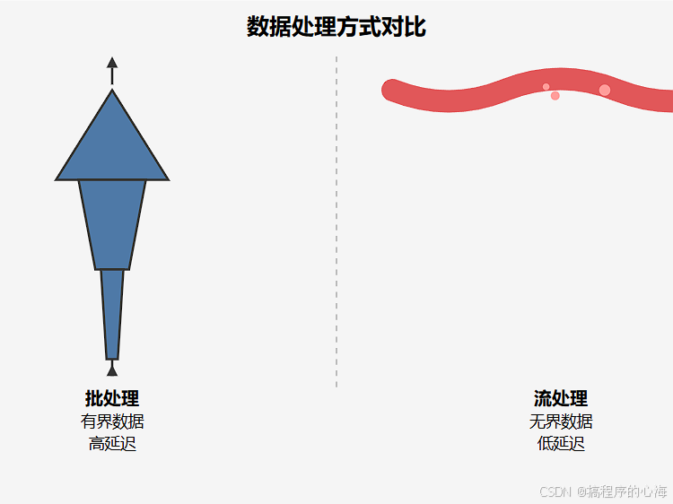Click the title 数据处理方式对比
(x=336, y=27)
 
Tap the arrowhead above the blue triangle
(x=112, y=63)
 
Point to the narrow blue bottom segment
(x=112, y=314)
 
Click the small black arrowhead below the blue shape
(x=112, y=369)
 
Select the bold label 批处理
(x=112, y=398)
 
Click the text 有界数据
(x=112, y=421)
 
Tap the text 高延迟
(x=112, y=443)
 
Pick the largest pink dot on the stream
(x=605, y=90)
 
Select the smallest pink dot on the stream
(x=546, y=87)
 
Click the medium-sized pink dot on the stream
(x=555, y=96)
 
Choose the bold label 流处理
(x=561, y=398)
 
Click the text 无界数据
(x=561, y=421)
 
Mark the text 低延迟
(x=561, y=443)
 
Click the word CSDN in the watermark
(x=556, y=491)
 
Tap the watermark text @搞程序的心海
(x=622, y=491)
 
